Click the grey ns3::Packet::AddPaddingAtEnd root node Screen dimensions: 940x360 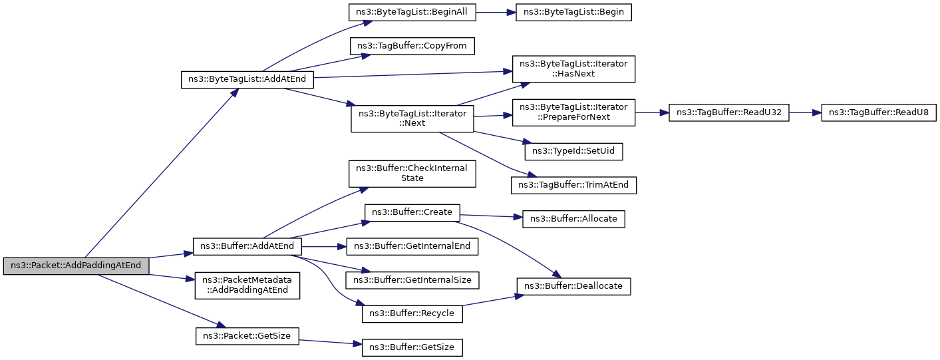click(x=76, y=266)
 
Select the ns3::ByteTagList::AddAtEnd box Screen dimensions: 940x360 click(x=247, y=79)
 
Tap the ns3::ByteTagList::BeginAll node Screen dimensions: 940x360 click(x=412, y=12)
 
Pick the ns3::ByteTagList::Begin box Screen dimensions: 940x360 click(x=573, y=12)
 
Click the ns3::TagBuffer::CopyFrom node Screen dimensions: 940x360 click(x=412, y=46)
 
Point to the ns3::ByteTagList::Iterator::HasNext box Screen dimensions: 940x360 click(x=573, y=69)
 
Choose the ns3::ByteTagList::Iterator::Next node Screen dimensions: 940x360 click(x=412, y=118)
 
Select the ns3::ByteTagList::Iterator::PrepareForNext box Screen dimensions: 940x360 click(x=573, y=112)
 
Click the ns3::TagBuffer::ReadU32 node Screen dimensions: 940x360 click(x=729, y=113)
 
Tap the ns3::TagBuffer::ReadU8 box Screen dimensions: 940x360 click(x=879, y=113)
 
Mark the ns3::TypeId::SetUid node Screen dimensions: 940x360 click(x=573, y=152)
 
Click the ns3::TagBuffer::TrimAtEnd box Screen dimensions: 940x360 click(x=573, y=185)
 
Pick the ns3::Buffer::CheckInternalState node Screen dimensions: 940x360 click(x=412, y=174)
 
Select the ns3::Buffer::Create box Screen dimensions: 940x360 click(x=412, y=213)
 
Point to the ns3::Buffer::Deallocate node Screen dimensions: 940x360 click(x=573, y=286)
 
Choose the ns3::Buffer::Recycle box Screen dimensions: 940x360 click(x=412, y=314)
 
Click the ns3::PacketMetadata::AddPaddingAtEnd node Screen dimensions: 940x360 click(x=247, y=285)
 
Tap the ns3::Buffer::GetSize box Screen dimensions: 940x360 click(x=412, y=348)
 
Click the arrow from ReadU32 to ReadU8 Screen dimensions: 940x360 click(x=805, y=113)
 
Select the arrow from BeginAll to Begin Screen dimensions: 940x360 click(x=496, y=13)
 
